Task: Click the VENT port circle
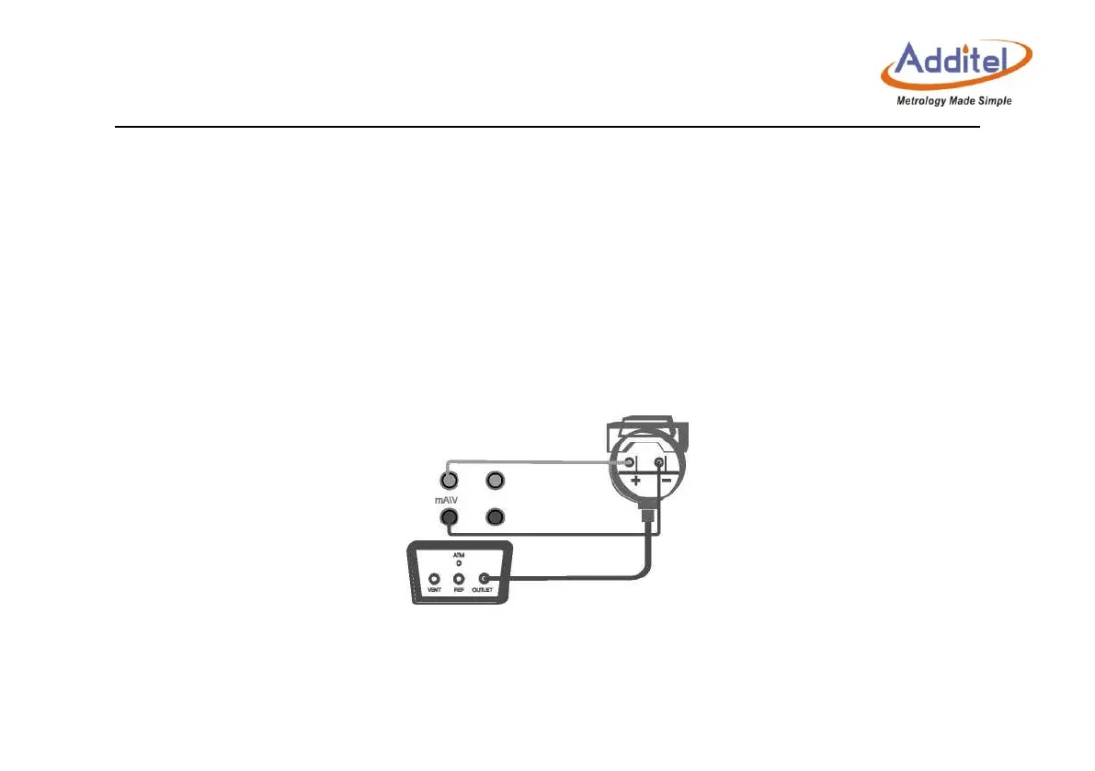[x=435, y=579]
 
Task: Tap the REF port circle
[x=458, y=579]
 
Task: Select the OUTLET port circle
[x=484, y=579]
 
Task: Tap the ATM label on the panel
[x=458, y=555]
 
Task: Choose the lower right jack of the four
[x=495, y=518]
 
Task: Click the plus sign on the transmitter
[x=634, y=480]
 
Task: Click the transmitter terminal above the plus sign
[x=630, y=461]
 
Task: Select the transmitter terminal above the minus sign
[x=658, y=461]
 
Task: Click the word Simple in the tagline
[x=995, y=100]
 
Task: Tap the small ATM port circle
[x=458, y=563]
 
